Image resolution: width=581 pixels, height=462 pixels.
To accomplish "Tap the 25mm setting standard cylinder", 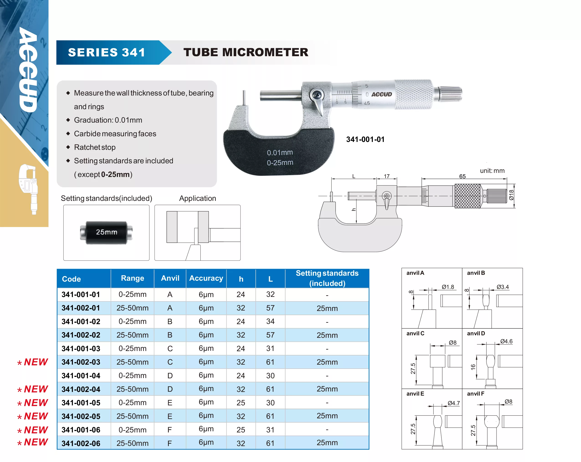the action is pos(106,232).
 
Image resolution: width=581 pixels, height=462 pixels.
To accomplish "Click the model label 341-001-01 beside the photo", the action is pos(365,139).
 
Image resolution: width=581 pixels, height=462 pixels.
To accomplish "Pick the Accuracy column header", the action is pos(206,278).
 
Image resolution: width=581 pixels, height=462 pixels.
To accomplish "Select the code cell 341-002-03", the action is pos(81,362).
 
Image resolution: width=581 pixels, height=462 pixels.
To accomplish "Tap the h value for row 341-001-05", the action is pos(241,403).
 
